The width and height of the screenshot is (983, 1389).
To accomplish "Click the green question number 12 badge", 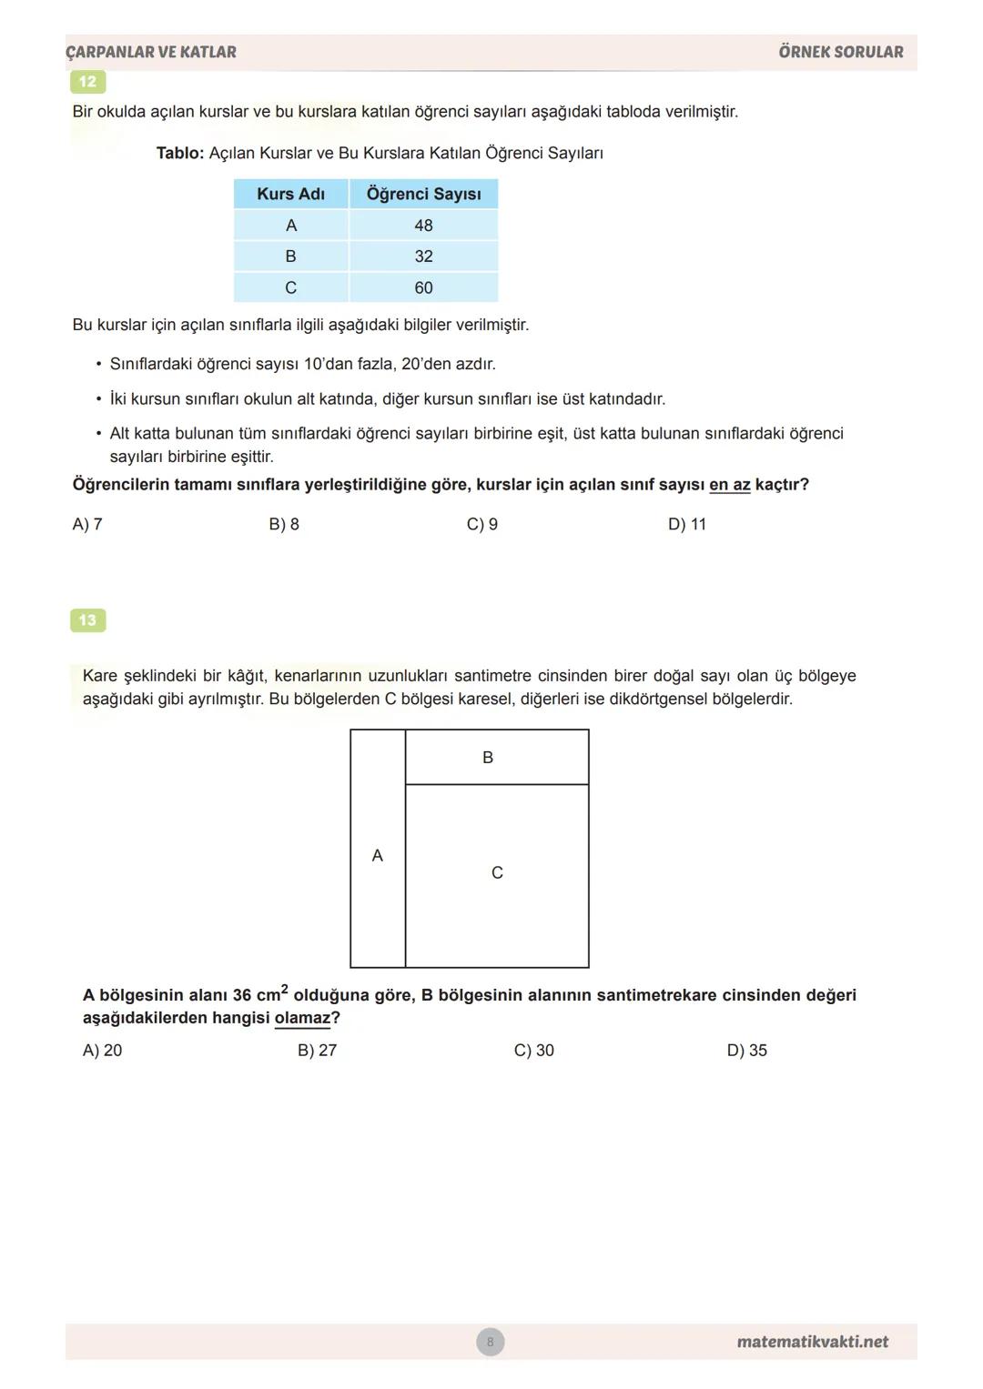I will point(87,82).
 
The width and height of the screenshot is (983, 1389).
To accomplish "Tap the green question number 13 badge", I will point(87,620).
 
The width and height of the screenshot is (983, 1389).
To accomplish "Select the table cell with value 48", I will point(423,226).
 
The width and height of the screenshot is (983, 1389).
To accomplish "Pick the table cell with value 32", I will point(423,257).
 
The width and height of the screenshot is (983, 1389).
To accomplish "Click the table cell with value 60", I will point(423,288).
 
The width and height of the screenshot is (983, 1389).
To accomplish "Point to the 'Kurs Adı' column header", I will point(290,194).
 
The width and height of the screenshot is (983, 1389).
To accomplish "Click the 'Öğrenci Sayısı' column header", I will point(423,194).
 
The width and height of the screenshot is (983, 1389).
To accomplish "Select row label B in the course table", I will point(290,257).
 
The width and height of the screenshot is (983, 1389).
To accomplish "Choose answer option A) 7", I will point(87,524).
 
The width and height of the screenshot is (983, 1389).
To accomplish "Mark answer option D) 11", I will point(686,524).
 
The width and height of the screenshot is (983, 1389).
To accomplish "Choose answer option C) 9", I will point(481,524).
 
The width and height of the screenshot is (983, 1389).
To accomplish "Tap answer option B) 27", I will point(317,1050).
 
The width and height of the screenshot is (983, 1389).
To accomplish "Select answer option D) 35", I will point(746,1050).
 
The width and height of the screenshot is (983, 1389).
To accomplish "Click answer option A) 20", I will point(102,1050).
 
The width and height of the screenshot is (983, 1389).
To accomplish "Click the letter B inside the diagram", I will point(488,758).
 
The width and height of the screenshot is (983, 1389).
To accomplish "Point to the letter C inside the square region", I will point(497,873).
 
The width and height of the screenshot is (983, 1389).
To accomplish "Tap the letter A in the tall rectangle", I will point(378,856).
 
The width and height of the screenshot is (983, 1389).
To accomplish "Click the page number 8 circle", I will point(490,1342).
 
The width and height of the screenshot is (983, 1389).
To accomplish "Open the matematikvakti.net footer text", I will point(812,1342).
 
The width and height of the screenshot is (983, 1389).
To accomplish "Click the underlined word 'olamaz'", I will point(302,1018).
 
